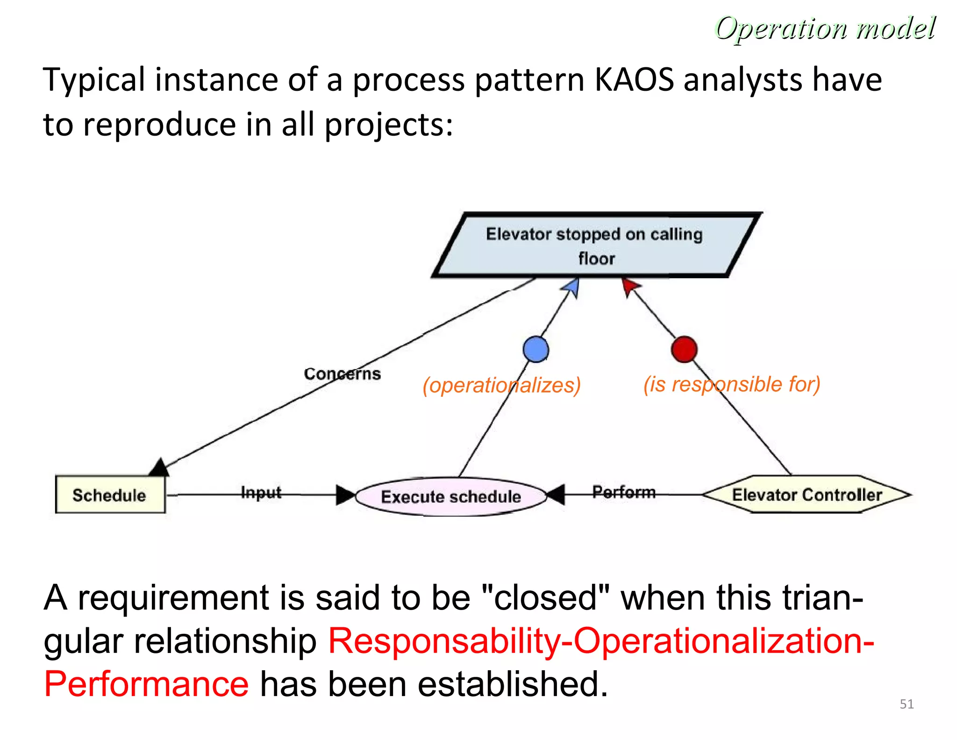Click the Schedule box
pyautogui.click(x=110, y=495)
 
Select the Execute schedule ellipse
pyautogui.click(x=450, y=497)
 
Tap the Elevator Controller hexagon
pyautogui.click(x=807, y=495)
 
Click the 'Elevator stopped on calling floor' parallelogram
pyautogui.click(x=595, y=246)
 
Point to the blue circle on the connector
pyautogui.click(x=536, y=349)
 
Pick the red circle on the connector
pyautogui.click(x=684, y=349)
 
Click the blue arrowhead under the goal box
pyautogui.click(x=573, y=287)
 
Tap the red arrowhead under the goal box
pyautogui.click(x=629, y=285)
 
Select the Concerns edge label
pyautogui.click(x=342, y=374)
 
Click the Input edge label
pyautogui.click(x=261, y=493)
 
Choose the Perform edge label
pyautogui.click(x=624, y=492)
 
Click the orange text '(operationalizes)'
pyautogui.click(x=501, y=385)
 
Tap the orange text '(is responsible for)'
pyautogui.click(x=732, y=385)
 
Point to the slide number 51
pyautogui.click(x=907, y=704)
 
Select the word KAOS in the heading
pyautogui.click(x=635, y=80)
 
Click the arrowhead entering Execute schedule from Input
pyautogui.click(x=345, y=495)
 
